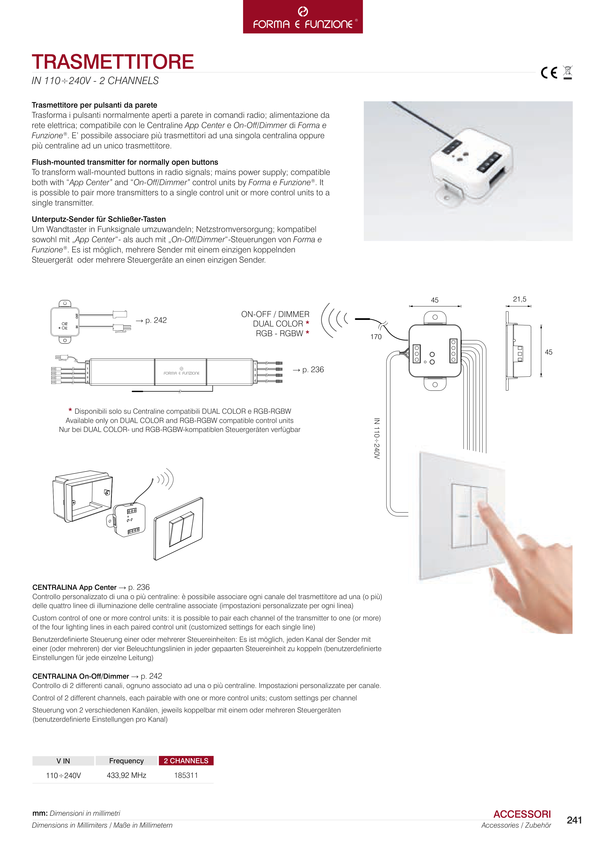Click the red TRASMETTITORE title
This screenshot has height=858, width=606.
point(113,62)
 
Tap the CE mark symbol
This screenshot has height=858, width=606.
point(549,72)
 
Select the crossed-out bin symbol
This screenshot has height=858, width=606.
point(568,72)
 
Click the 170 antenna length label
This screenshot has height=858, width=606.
point(376,337)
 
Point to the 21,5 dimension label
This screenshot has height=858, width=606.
point(519,299)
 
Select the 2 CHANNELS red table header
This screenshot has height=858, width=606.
point(186,760)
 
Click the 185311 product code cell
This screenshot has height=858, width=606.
point(186,775)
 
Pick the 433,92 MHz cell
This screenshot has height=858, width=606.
point(127,775)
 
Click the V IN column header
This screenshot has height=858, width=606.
point(63,760)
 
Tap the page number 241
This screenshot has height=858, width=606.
point(574,820)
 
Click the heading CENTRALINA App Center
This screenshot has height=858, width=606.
point(74,587)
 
